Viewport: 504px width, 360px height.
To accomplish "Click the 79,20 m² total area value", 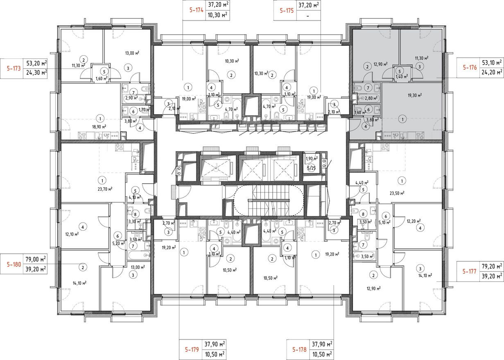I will (x=493, y=265).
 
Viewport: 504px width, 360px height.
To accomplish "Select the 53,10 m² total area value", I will (x=493, y=63).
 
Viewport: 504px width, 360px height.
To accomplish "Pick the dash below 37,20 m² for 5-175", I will (x=308, y=16).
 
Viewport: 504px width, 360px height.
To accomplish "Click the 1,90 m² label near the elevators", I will (x=312, y=158).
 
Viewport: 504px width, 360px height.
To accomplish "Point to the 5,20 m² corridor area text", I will (x=118, y=243).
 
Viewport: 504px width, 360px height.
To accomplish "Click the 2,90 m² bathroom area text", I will (x=130, y=99).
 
